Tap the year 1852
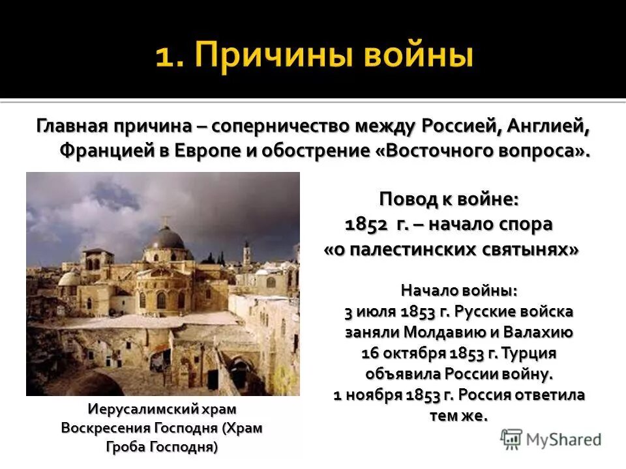pos(366,223)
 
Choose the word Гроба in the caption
pos(127,447)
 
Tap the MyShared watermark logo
pos(551,438)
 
